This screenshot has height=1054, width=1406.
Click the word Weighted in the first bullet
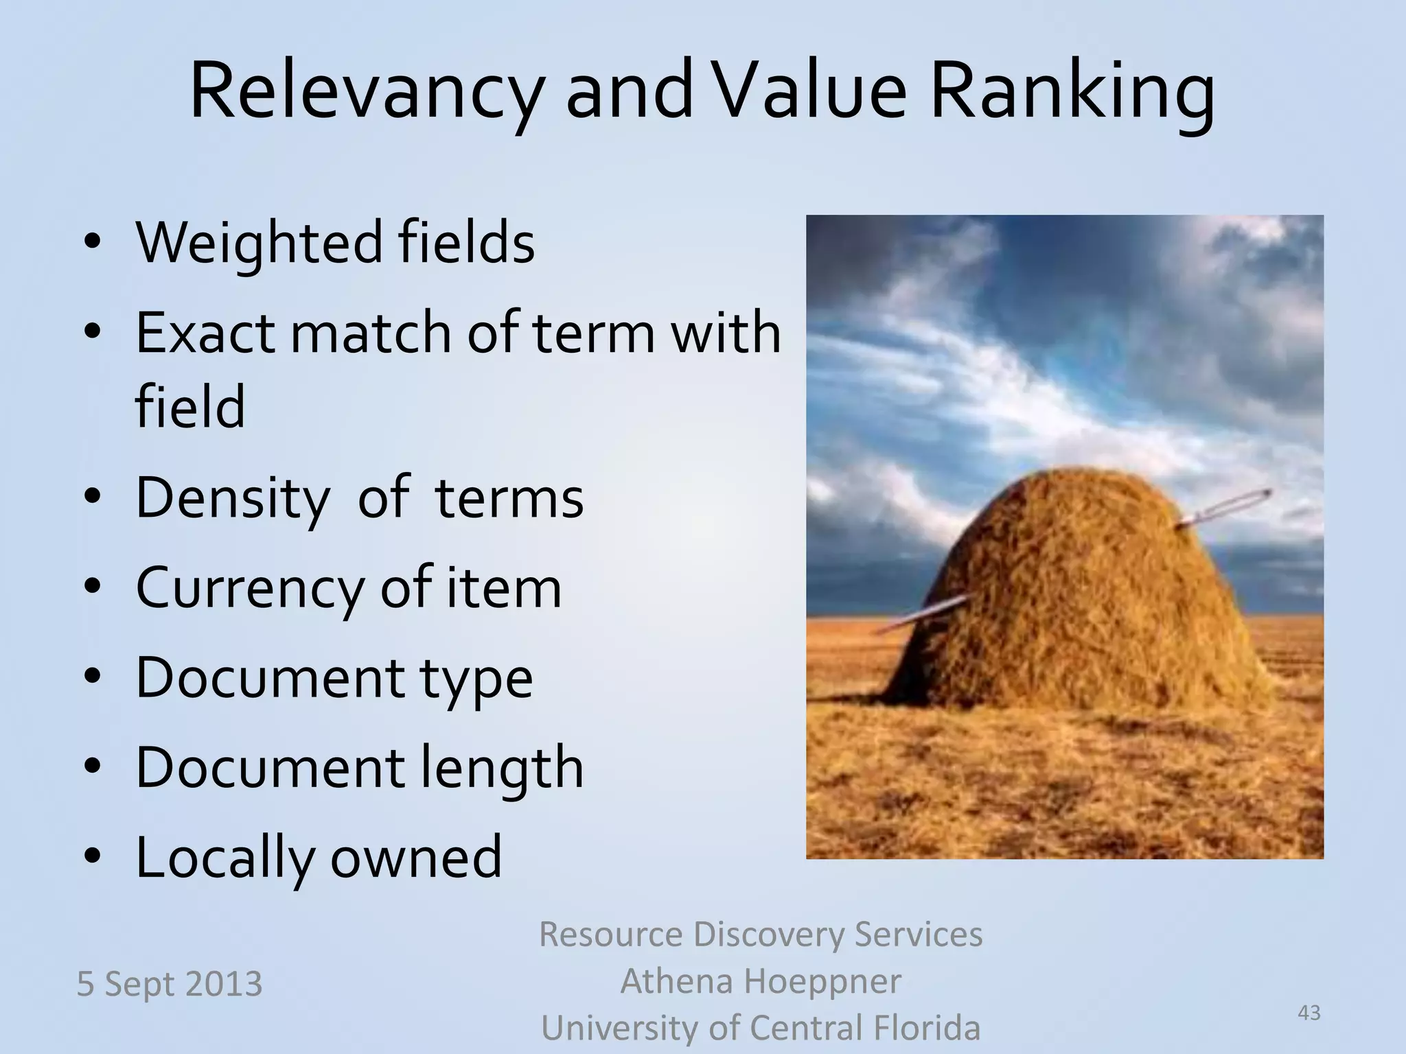pos(258,244)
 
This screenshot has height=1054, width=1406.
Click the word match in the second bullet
pos(371,333)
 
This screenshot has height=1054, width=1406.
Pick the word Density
pos(232,498)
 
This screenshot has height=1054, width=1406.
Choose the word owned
pos(416,858)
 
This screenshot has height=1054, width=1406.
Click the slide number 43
pos(1309,1013)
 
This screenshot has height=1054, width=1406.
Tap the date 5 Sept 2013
pos(169,984)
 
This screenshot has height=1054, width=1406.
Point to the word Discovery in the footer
pos(769,935)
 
